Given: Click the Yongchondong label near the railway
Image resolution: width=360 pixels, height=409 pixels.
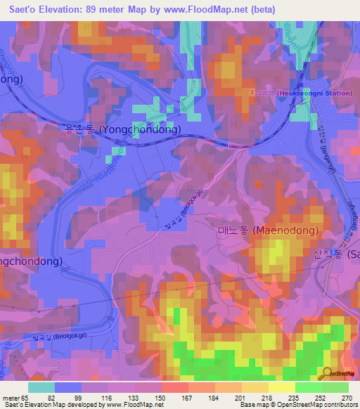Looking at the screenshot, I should [x=133, y=130].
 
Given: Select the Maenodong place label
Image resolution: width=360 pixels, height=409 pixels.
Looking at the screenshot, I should [x=267, y=230].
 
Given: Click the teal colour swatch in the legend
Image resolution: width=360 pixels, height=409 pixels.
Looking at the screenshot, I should [x=41, y=387].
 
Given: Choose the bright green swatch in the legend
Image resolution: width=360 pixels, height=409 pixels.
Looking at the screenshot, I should [x=308, y=387].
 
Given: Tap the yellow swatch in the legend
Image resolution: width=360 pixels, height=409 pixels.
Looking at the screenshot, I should [x=281, y=387].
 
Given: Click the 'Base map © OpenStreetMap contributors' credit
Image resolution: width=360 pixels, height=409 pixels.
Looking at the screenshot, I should [x=295, y=405].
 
